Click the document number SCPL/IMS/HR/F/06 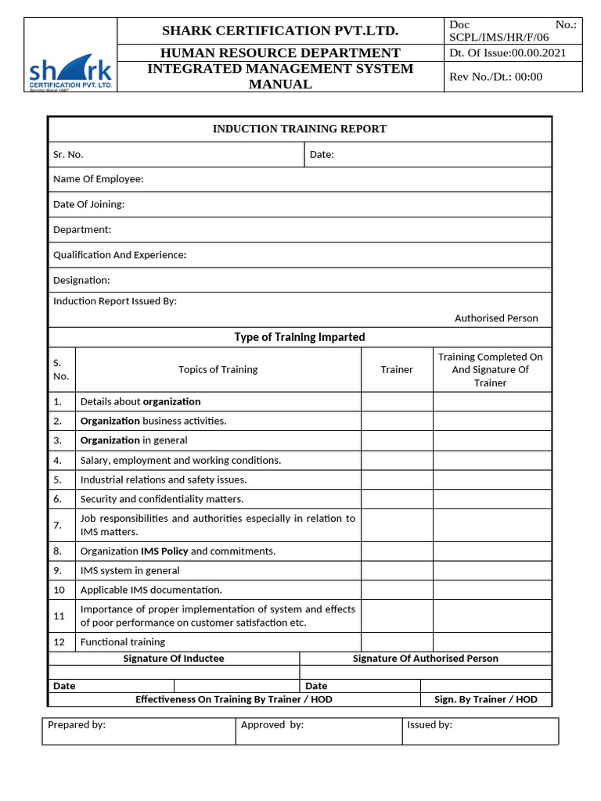[x=499, y=37]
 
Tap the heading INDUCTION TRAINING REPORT [x=300, y=129]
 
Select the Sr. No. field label [x=68, y=155]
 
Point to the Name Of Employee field [x=99, y=179]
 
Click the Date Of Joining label [x=88, y=204]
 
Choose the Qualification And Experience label [x=120, y=255]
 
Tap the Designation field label [x=81, y=280]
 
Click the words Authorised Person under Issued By [x=496, y=318]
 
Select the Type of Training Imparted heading [x=300, y=337]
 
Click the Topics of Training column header [x=218, y=369]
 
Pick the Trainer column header [x=397, y=369]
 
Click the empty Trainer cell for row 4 [x=397, y=461]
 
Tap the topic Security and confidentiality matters [x=162, y=499]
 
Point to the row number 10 [x=59, y=590]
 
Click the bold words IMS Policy [x=164, y=551]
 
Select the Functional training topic [x=123, y=642]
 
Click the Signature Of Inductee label [x=174, y=659]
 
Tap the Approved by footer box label [x=272, y=725]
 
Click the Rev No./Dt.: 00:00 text [x=496, y=77]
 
